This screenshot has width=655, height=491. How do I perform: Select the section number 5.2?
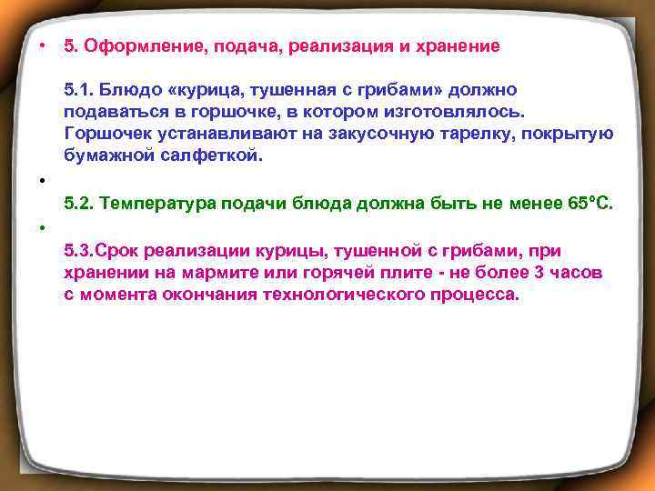click(79, 203)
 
